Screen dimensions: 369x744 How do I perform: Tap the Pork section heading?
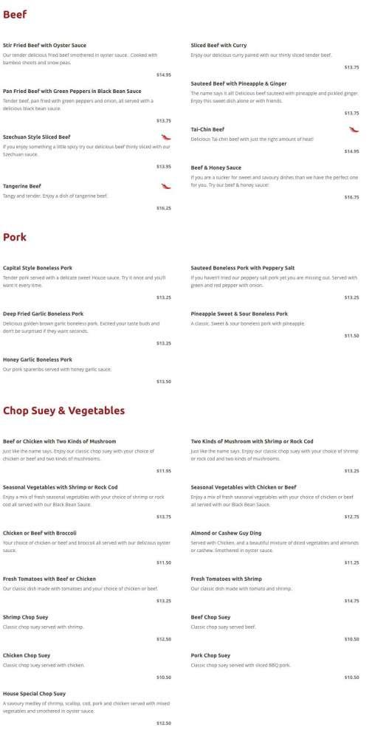click(x=15, y=237)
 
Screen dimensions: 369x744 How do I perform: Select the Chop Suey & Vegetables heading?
click(x=63, y=410)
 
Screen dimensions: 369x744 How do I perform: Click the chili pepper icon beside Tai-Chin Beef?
click(x=354, y=129)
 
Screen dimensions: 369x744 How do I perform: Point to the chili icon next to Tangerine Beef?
click(x=166, y=186)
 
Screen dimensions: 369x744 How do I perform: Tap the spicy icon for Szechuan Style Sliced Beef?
click(x=166, y=137)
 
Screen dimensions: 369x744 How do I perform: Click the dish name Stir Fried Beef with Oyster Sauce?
click(x=44, y=45)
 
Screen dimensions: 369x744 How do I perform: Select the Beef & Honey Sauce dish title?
click(x=215, y=168)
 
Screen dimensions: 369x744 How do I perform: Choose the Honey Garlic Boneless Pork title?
click(x=37, y=359)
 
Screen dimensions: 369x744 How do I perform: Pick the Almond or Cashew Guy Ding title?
click(x=225, y=533)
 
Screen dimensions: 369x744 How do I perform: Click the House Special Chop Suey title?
click(x=34, y=694)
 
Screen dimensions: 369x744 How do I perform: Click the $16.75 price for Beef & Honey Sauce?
click(x=351, y=197)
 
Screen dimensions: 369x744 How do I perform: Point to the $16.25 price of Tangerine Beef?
click(x=163, y=208)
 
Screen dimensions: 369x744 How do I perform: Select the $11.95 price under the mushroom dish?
click(x=163, y=470)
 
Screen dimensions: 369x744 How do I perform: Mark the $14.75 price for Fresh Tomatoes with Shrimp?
click(x=351, y=601)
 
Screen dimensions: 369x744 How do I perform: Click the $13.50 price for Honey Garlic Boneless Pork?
click(x=163, y=381)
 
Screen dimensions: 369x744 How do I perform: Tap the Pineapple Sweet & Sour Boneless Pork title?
click(x=239, y=314)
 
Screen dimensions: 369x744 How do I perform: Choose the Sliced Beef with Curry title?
click(x=218, y=45)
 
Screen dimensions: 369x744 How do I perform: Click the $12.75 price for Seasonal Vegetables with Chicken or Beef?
click(x=351, y=517)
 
